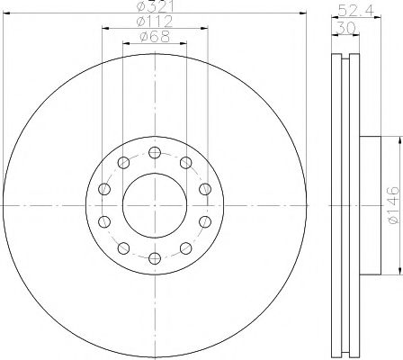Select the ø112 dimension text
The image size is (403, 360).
tap(154, 22)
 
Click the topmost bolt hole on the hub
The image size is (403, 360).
tap(155, 151)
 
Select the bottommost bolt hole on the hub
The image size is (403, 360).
tap(155, 259)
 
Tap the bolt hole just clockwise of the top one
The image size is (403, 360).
tap(186, 162)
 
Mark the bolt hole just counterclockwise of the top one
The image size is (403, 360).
tap(123, 162)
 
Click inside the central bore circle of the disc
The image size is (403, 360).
tap(155, 205)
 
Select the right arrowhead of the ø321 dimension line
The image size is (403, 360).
tap(302, 14)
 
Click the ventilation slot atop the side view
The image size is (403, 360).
tap(343, 56)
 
